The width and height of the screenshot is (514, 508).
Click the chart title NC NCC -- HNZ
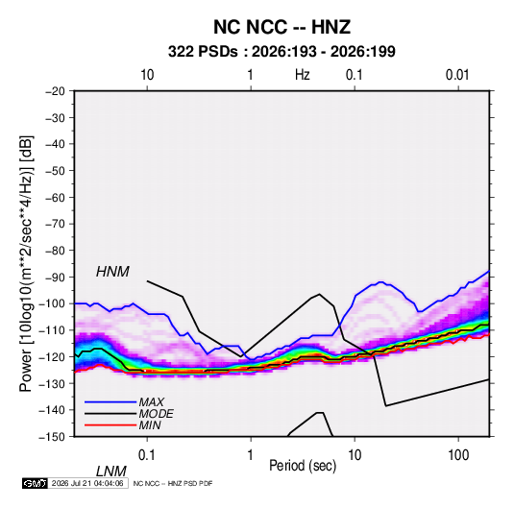281,27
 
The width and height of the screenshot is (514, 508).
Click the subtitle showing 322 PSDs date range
281,52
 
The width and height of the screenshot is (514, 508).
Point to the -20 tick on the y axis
55,91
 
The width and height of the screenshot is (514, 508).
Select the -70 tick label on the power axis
55,224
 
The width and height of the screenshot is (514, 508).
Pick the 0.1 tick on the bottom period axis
147,455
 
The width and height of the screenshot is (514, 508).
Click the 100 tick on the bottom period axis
458,455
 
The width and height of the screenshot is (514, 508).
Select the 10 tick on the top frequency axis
147,75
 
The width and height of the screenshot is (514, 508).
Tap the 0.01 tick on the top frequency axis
457,75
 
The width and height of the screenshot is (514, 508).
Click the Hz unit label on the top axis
303,75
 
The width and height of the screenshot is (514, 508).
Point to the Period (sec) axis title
303,466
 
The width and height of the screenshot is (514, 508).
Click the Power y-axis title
26,263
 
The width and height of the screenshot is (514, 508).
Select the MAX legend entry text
152,402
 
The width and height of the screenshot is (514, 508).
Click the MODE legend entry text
156,414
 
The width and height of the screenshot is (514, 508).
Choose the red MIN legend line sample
110,425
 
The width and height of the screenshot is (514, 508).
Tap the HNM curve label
112,272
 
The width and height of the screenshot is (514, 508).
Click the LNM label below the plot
110,472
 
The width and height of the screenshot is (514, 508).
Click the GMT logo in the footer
36,483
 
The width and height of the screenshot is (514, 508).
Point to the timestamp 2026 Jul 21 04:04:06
87,483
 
